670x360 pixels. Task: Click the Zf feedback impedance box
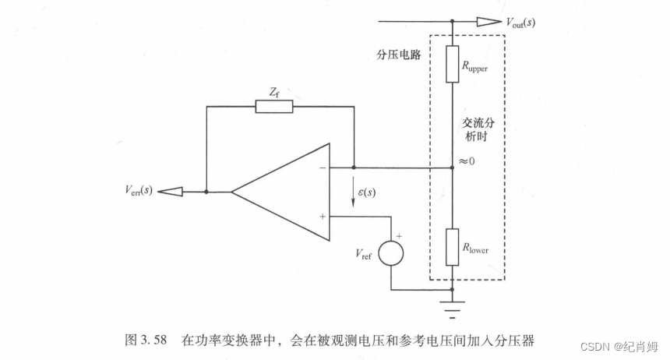(274, 106)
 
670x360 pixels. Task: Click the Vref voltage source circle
(391, 254)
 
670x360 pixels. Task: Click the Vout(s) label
(520, 22)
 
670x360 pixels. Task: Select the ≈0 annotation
(467, 162)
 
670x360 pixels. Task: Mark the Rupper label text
(476, 67)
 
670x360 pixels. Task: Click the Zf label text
(274, 90)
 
